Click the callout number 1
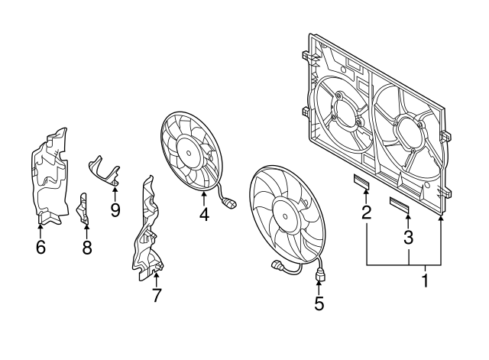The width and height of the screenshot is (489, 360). point(425,281)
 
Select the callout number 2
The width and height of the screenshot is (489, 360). point(366,212)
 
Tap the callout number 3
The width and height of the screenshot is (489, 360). point(408,237)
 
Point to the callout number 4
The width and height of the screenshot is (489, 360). point(204,215)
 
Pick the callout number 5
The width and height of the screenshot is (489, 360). point(319,303)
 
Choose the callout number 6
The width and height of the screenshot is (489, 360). point(40,246)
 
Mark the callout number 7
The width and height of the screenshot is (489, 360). point(156,295)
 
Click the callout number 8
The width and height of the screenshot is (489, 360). point(86,246)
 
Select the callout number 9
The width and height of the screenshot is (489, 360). point(115,209)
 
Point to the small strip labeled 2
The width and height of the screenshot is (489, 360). point(360,182)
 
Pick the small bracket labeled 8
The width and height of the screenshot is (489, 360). point(84,209)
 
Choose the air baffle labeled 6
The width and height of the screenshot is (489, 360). point(47,180)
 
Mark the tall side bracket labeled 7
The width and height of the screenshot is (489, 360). point(147,229)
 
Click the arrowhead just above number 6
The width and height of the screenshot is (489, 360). point(40,227)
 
